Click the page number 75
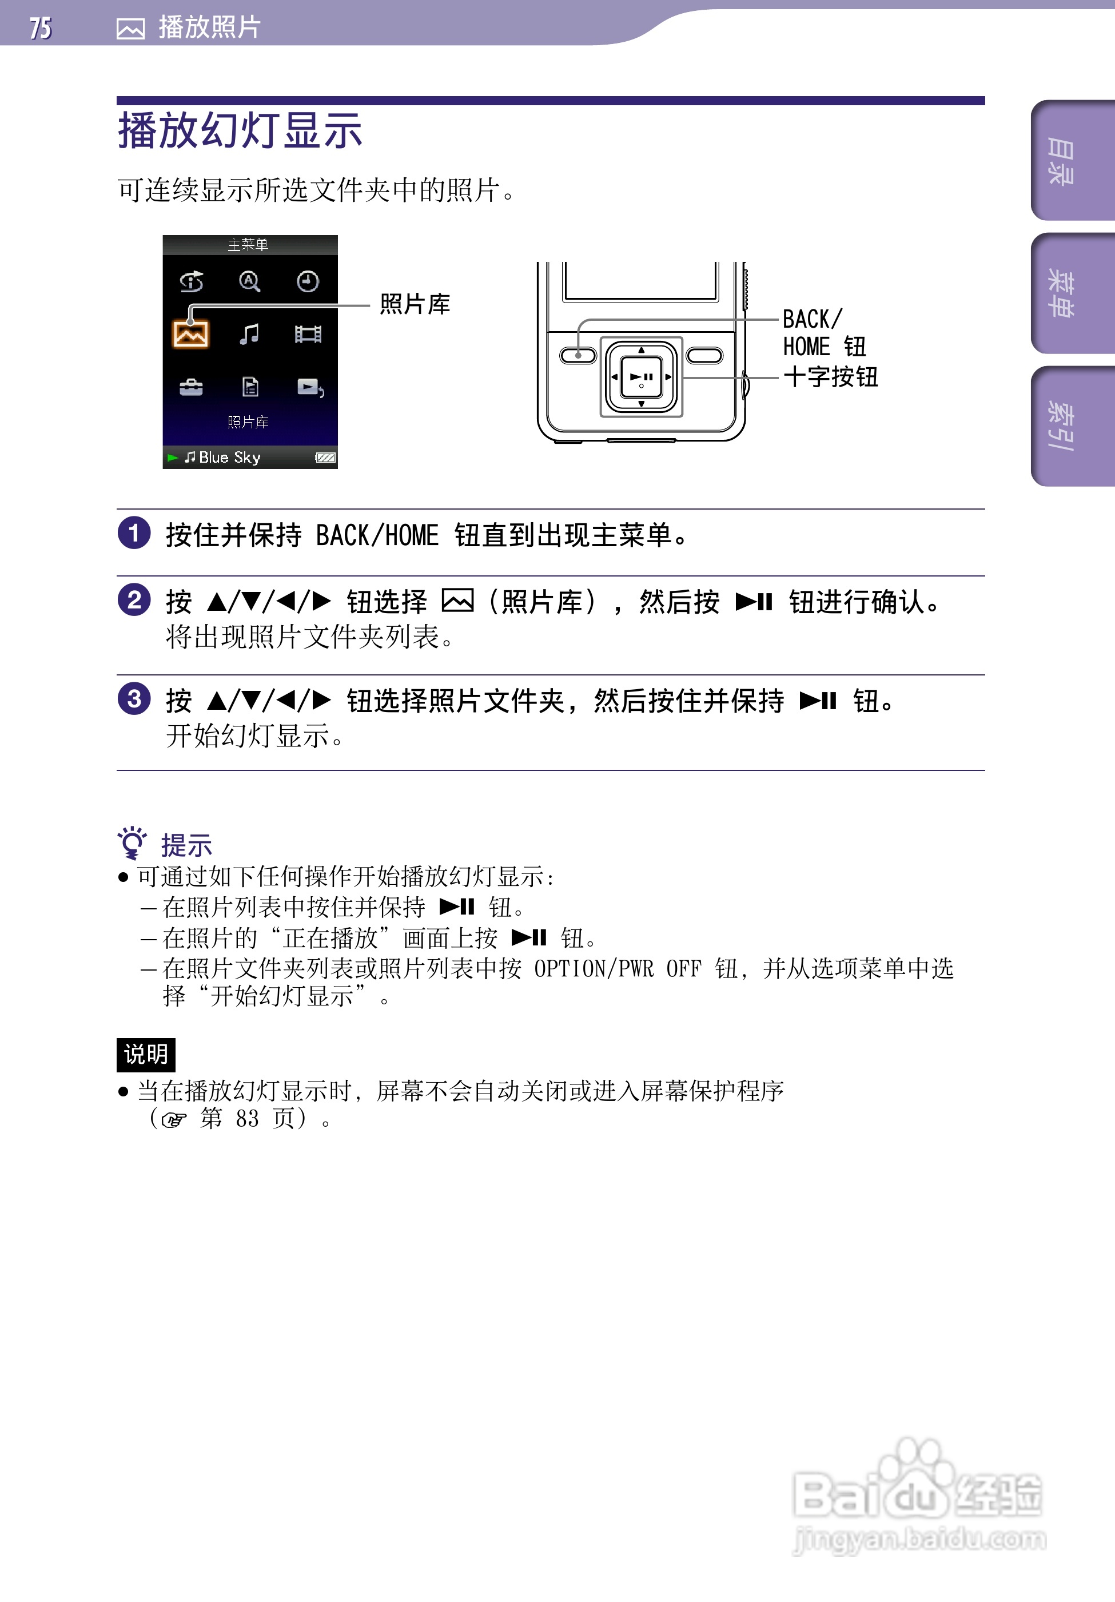(x=41, y=28)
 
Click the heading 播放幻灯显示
(x=240, y=131)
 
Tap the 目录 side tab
(x=1061, y=161)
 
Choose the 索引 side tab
(x=1061, y=426)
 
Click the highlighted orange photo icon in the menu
(x=190, y=334)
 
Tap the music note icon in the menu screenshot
(x=249, y=334)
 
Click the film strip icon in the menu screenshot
(x=308, y=334)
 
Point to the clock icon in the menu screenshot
(x=308, y=281)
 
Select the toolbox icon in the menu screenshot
(x=190, y=387)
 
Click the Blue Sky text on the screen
(x=229, y=458)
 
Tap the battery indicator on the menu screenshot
(x=325, y=458)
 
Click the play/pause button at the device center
(x=641, y=377)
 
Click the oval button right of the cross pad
(x=704, y=356)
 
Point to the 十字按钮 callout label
(x=830, y=377)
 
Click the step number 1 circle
(x=134, y=533)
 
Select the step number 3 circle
(x=134, y=699)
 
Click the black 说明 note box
(x=146, y=1054)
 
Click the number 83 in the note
(x=247, y=1119)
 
